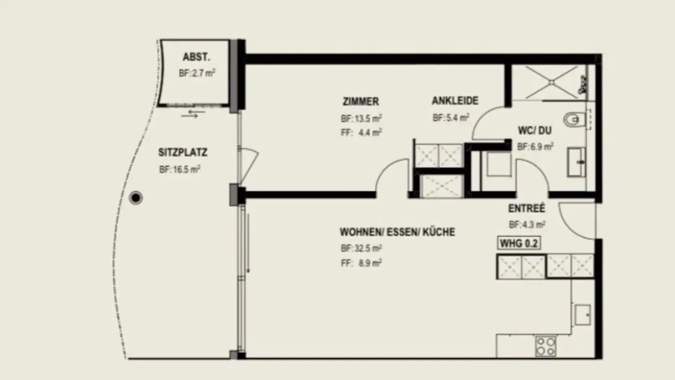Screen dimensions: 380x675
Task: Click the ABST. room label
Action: pyautogui.click(x=196, y=58)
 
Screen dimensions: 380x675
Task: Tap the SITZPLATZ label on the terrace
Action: pyautogui.click(x=183, y=152)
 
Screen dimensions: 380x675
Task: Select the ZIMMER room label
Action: pyautogui.click(x=360, y=101)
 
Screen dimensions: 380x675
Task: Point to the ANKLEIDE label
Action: pyautogui.click(x=455, y=101)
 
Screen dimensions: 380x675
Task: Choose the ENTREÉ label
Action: pyautogui.click(x=526, y=208)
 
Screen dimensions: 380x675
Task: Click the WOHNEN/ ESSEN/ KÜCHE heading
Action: pyautogui.click(x=397, y=232)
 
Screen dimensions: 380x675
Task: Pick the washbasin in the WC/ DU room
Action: pyautogui.click(x=577, y=162)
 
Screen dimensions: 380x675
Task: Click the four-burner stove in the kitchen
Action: pyautogui.click(x=546, y=346)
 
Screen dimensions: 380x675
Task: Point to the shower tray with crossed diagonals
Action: pyautogui.click(x=552, y=83)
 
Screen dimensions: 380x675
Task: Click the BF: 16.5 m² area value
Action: pyautogui.click(x=180, y=170)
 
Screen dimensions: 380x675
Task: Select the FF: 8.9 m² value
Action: pyautogui.click(x=361, y=263)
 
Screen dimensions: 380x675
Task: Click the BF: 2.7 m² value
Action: pyautogui.click(x=196, y=74)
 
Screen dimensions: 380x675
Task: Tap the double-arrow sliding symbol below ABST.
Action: pyautogui.click(x=193, y=114)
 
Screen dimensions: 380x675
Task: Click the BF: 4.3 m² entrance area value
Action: pyautogui.click(x=526, y=225)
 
